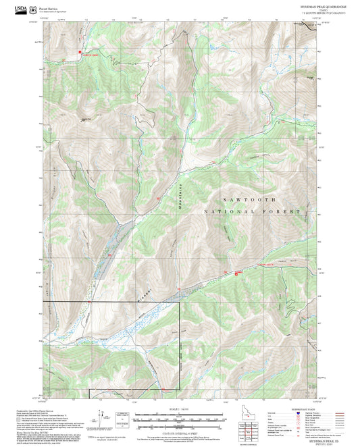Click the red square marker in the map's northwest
pos(80,51)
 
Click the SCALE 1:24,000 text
pos(180,409)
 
